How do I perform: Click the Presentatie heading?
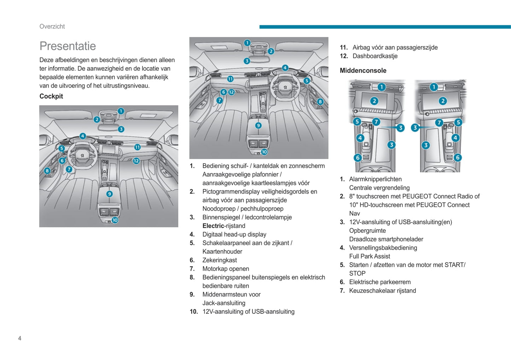pos(68,46)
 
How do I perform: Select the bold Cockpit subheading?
pos(51,96)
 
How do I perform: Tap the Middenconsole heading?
pos(363,70)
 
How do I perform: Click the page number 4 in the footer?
pos(20,338)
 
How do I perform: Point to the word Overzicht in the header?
pos(52,26)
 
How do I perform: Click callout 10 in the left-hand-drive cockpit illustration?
pos(115,220)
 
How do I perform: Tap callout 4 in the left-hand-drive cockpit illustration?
pos(83,136)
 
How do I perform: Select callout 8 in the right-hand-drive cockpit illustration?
pos(320,102)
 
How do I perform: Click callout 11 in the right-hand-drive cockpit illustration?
pos(230,79)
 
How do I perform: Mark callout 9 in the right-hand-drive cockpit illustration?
pos(259,125)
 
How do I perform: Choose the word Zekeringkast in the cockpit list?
pos(220,260)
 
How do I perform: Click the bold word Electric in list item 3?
pos(213,226)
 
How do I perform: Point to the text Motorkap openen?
pos(226,268)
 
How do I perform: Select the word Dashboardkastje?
pos(375,56)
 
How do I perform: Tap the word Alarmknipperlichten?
pos(375,179)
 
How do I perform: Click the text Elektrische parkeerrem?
pos(380,282)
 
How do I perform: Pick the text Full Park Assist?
pos(370,256)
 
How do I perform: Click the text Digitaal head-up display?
pos(234,234)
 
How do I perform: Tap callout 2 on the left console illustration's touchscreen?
pos(374,101)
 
